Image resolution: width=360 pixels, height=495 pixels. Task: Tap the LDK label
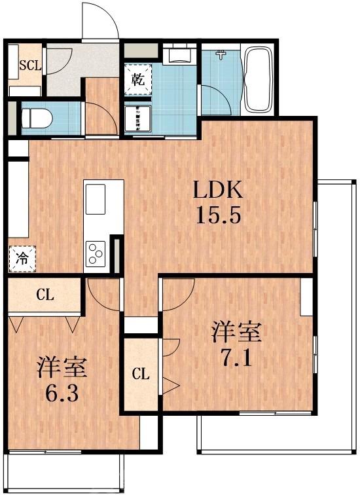point(217,191)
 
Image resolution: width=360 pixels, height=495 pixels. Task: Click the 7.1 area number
point(236,359)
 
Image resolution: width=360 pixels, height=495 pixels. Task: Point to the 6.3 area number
point(62,394)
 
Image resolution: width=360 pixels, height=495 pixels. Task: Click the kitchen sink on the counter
point(96,197)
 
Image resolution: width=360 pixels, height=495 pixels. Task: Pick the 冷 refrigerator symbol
point(21,259)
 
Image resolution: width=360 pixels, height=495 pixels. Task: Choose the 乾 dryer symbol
point(137,81)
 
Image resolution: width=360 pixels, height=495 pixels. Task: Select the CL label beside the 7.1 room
point(141,375)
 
